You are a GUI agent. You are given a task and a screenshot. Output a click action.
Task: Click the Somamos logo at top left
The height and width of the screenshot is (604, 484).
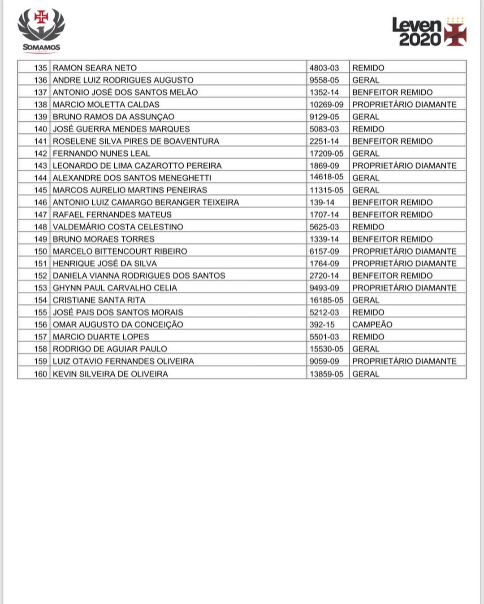click(41, 30)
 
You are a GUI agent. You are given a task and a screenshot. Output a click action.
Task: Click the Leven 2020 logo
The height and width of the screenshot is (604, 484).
click(429, 32)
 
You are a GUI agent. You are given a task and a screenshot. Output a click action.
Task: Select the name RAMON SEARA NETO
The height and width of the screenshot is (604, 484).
click(95, 68)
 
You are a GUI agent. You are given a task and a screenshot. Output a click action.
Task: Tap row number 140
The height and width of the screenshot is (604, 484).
click(40, 129)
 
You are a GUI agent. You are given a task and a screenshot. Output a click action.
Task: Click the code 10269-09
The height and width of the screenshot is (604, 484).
click(326, 105)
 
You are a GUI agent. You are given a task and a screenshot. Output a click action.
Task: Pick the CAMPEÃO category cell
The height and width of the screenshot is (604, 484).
click(372, 324)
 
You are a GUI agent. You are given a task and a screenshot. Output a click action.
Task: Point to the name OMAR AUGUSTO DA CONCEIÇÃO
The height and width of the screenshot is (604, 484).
click(118, 324)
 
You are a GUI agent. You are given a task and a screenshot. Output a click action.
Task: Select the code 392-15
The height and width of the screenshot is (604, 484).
click(322, 324)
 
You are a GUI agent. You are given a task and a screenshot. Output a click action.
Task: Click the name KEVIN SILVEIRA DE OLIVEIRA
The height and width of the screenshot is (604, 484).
click(110, 374)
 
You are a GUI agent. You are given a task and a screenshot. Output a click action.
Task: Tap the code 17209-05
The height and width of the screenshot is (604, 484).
click(326, 153)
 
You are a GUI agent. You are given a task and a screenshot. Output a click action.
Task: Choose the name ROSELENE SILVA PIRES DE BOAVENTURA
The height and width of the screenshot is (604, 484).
click(136, 141)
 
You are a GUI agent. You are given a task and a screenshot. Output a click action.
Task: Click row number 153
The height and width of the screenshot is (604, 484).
click(40, 288)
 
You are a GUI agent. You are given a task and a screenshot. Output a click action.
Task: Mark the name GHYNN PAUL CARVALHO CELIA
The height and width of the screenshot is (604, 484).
click(115, 288)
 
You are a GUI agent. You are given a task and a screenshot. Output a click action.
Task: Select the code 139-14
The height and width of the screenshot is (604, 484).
click(322, 202)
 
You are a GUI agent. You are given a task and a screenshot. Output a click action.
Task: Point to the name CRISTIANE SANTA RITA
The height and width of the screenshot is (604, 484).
click(99, 300)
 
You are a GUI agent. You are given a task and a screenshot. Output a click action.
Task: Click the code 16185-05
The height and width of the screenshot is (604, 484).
click(326, 300)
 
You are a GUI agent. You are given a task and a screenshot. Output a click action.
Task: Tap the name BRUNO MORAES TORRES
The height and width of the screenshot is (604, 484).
click(104, 239)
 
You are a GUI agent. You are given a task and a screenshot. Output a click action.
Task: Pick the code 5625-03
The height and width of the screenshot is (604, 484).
click(324, 227)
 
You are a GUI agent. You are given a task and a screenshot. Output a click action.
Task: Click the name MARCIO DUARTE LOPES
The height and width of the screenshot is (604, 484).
click(101, 337)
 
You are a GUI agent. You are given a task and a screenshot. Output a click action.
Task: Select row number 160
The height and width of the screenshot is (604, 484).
click(40, 374)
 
